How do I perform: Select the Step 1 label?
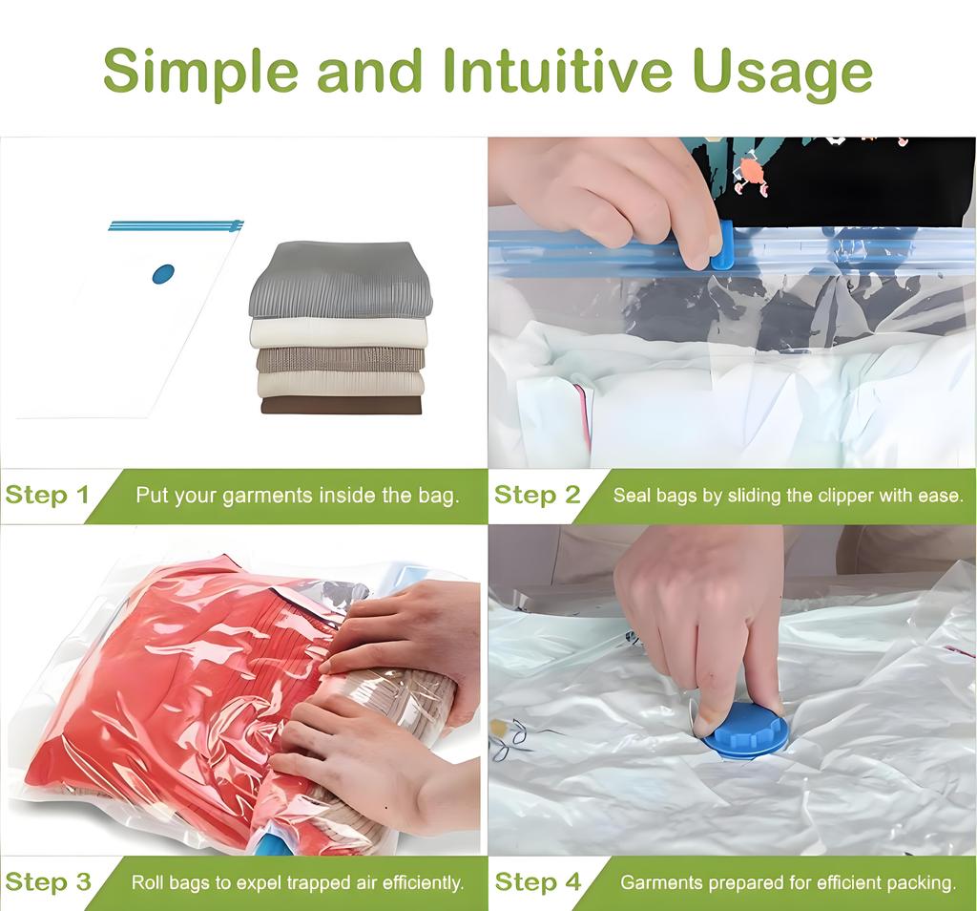click(x=48, y=495)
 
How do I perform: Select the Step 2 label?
click(x=537, y=495)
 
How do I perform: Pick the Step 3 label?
click(x=48, y=881)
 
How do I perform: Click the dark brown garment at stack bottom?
click(x=341, y=405)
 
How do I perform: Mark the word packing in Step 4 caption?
click(x=923, y=882)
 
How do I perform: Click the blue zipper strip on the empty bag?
click(x=176, y=226)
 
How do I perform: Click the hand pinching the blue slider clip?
click(x=611, y=191)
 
